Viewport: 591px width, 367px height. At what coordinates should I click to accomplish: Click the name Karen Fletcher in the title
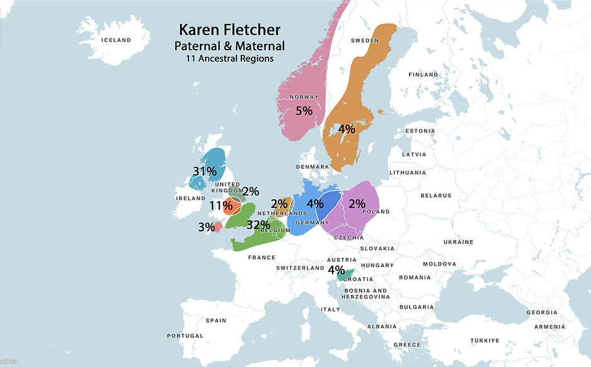click(x=229, y=30)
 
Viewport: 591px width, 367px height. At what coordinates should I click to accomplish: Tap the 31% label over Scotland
click(x=205, y=171)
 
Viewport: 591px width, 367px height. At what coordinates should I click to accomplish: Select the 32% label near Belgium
click(x=258, y=224)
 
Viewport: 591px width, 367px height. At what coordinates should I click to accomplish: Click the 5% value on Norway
click(x=304, y=111)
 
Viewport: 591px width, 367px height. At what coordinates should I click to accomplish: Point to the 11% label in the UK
click(x=221, y=205)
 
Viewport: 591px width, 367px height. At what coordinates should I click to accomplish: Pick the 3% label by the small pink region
click(x=207, y=227)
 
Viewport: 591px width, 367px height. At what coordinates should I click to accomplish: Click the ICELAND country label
click(x=116, y=40)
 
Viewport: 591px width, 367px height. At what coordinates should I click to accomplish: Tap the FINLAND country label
click(x=423, y=74)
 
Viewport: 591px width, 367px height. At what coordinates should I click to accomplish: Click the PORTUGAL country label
click(x=185, y=336)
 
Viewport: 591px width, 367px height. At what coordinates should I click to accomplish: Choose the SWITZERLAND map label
click(x=300, y=268)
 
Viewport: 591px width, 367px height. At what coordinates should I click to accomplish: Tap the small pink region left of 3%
click(x=217, y=226)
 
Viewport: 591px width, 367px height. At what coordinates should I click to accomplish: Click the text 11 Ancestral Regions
click(x=229, y=59)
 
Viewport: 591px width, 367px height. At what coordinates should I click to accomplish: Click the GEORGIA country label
click(x=542, y=313)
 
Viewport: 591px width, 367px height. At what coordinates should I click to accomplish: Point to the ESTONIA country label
click(x=420, y=131)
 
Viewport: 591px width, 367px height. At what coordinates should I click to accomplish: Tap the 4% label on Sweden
click(x=347, y=129)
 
